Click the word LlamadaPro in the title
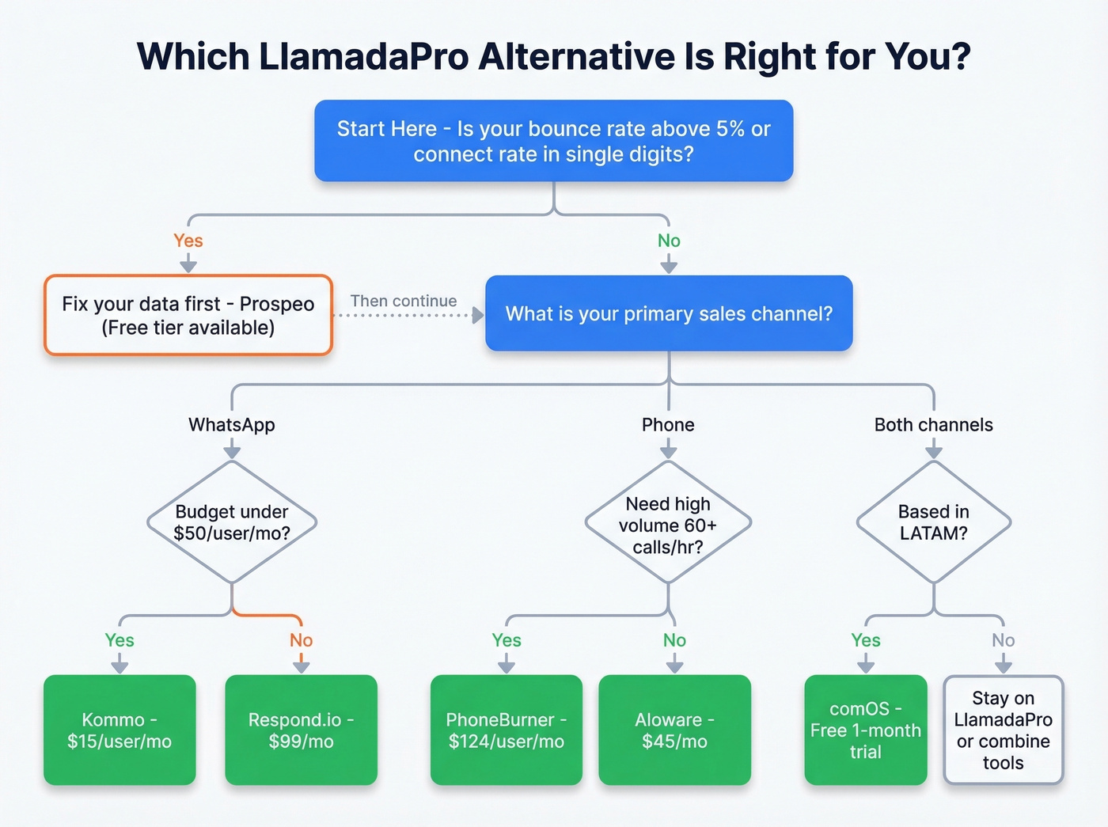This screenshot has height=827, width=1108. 363,57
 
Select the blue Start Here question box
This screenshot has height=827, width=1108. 553,141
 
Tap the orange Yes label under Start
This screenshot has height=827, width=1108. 188,241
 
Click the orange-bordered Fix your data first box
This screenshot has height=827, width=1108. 188,315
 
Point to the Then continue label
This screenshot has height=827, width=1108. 404,301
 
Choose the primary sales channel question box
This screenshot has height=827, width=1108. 669,313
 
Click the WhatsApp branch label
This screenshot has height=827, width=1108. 232,425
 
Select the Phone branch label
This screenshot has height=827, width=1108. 668,425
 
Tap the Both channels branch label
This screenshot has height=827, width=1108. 933,425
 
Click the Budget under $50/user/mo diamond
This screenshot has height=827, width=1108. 232,522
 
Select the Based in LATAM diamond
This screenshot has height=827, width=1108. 934,522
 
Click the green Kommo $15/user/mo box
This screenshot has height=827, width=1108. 120,730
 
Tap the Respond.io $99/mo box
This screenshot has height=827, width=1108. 301,730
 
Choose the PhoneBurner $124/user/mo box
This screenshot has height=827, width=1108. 506,730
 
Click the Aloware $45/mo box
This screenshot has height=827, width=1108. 674,730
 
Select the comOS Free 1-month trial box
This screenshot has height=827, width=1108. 865,730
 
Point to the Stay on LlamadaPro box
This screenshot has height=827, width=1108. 1003,730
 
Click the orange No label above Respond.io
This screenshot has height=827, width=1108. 301,640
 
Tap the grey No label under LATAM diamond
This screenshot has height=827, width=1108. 1003,640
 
